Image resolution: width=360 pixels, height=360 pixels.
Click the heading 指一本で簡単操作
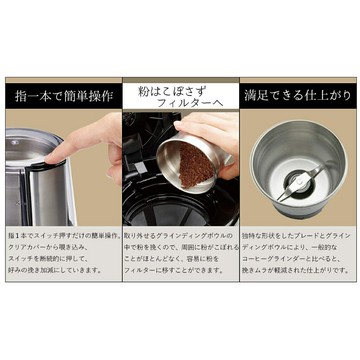(x=61, y=98)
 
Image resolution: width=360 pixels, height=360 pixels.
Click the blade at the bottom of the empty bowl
(x=297, y=182)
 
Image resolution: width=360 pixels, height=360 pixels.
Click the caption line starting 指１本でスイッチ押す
(x=61, y=233)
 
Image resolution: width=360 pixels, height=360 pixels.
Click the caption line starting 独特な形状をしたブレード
(x=297, y=233)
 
